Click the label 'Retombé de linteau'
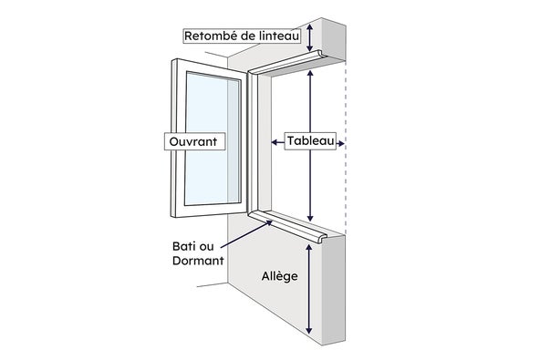coord(242,36)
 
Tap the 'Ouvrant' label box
coord(191,142)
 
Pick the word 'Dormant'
coord(198,262)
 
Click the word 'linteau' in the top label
coord(278,36)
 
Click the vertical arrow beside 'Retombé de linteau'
coord(311,36)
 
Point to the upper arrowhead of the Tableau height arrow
coord(311,74)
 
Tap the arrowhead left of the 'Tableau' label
coord(275,142)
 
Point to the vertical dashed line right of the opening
coord(346,146)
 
